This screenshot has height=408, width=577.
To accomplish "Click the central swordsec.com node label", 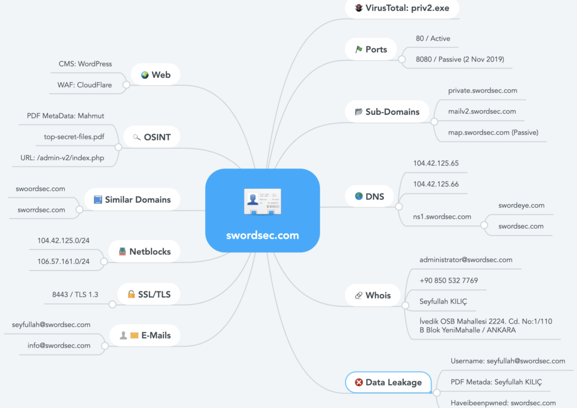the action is click(x=263, y=236).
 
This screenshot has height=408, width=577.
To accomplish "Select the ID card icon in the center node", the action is click(x=263, y=201).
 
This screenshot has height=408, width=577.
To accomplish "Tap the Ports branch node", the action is click(x=371, y=49).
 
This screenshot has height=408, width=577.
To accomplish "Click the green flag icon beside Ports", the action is click(x=359, y=49).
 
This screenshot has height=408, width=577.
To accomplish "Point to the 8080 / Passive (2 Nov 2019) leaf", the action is click(x=460, y=59).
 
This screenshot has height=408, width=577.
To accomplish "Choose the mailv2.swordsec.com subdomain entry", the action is click(x=482, y=112).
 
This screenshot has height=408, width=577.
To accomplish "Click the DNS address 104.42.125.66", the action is click(x=436, y=184).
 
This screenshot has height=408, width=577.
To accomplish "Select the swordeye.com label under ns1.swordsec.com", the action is click(x=521, y=205).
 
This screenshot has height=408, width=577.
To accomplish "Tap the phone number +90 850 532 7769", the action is click(x=449, y=281).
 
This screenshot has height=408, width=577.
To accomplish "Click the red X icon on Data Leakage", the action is click(x=359, y=382).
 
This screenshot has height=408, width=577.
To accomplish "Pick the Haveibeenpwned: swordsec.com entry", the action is click(x=503, y=403).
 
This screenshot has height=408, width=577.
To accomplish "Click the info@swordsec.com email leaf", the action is click(x=59, y=345).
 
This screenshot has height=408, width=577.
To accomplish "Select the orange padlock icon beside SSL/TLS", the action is click(x=131, y=294).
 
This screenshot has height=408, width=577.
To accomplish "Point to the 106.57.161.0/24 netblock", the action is click(x=63, y=261).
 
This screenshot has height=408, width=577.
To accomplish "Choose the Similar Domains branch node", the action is click(x=132, y=199).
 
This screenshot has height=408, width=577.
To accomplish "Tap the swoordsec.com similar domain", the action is click(x=41, y=189).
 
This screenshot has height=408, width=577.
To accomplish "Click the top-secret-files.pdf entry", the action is click(x=74, y=137).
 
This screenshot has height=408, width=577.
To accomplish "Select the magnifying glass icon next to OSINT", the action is click(x=136, y=138).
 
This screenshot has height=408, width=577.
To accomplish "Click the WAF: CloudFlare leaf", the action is click(x=85, y=85).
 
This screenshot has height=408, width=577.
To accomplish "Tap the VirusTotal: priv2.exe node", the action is click(x=402, y=8).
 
